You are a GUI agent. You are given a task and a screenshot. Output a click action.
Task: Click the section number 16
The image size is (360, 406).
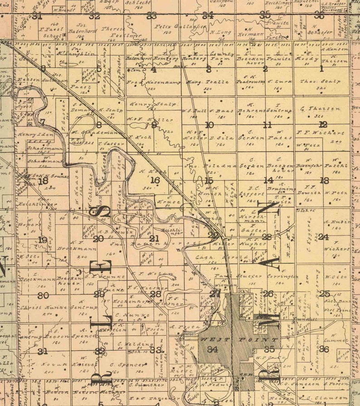coord(155,181)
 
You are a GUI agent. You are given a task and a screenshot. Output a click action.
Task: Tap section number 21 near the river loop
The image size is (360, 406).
coord(154,238)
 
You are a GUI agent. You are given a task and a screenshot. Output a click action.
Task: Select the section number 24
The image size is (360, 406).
coord(323,237)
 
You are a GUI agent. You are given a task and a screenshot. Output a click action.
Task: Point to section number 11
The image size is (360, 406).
coord(268,125)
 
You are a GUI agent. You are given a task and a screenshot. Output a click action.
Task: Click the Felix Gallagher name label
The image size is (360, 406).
coord(180,27)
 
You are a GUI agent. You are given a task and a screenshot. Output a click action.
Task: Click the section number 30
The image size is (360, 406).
coord(43,295)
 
